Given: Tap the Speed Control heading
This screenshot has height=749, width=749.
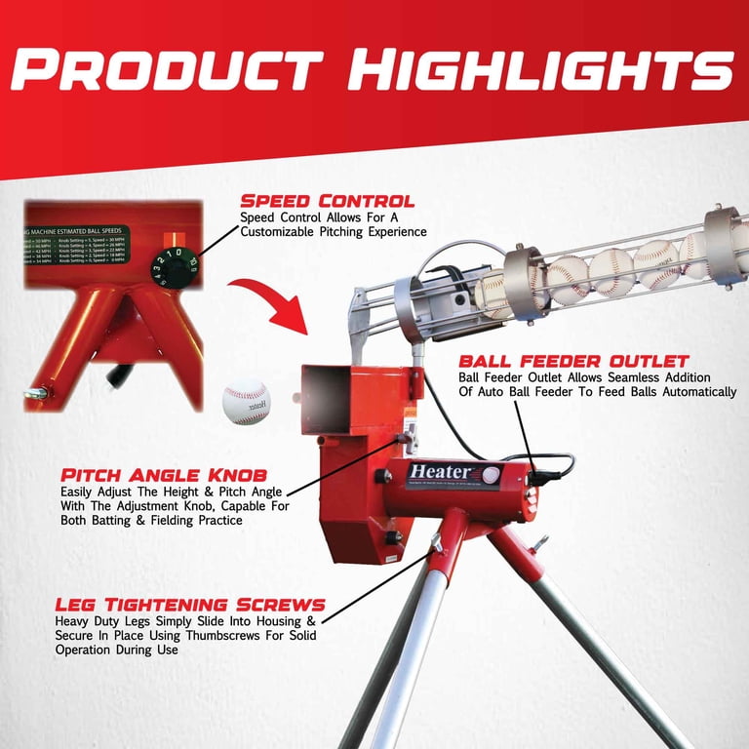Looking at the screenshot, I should pyautogui.click(x=327, y=201).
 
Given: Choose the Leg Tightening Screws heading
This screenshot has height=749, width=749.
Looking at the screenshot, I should pyautogui.click(x=189, y=605).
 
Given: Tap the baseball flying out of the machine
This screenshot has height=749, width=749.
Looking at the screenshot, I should pyautogui.click(x=246, y=402).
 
